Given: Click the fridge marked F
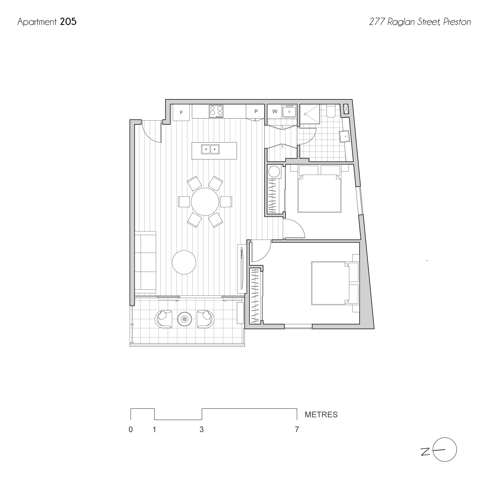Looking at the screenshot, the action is click(181, 112).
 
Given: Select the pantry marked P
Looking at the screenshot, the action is click(255, 112).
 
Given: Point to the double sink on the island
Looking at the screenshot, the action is click(210, 149).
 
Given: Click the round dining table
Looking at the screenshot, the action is click(205, 202).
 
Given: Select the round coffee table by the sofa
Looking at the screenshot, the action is click(184, 262).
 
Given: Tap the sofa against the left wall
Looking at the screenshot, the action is click(145, 262).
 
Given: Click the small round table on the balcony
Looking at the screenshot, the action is click(185, 319).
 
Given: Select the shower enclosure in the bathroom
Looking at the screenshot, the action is click(310, 114).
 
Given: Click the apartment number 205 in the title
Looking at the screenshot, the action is click(68, 22).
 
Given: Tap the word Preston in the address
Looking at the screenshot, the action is click(457, 22).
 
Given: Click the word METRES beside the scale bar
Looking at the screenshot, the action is click(321, 415).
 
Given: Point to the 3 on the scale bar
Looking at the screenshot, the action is click(201, 430).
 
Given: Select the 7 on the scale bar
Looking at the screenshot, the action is click(297, 430).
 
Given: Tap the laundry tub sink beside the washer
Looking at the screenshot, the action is click(289, 111).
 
